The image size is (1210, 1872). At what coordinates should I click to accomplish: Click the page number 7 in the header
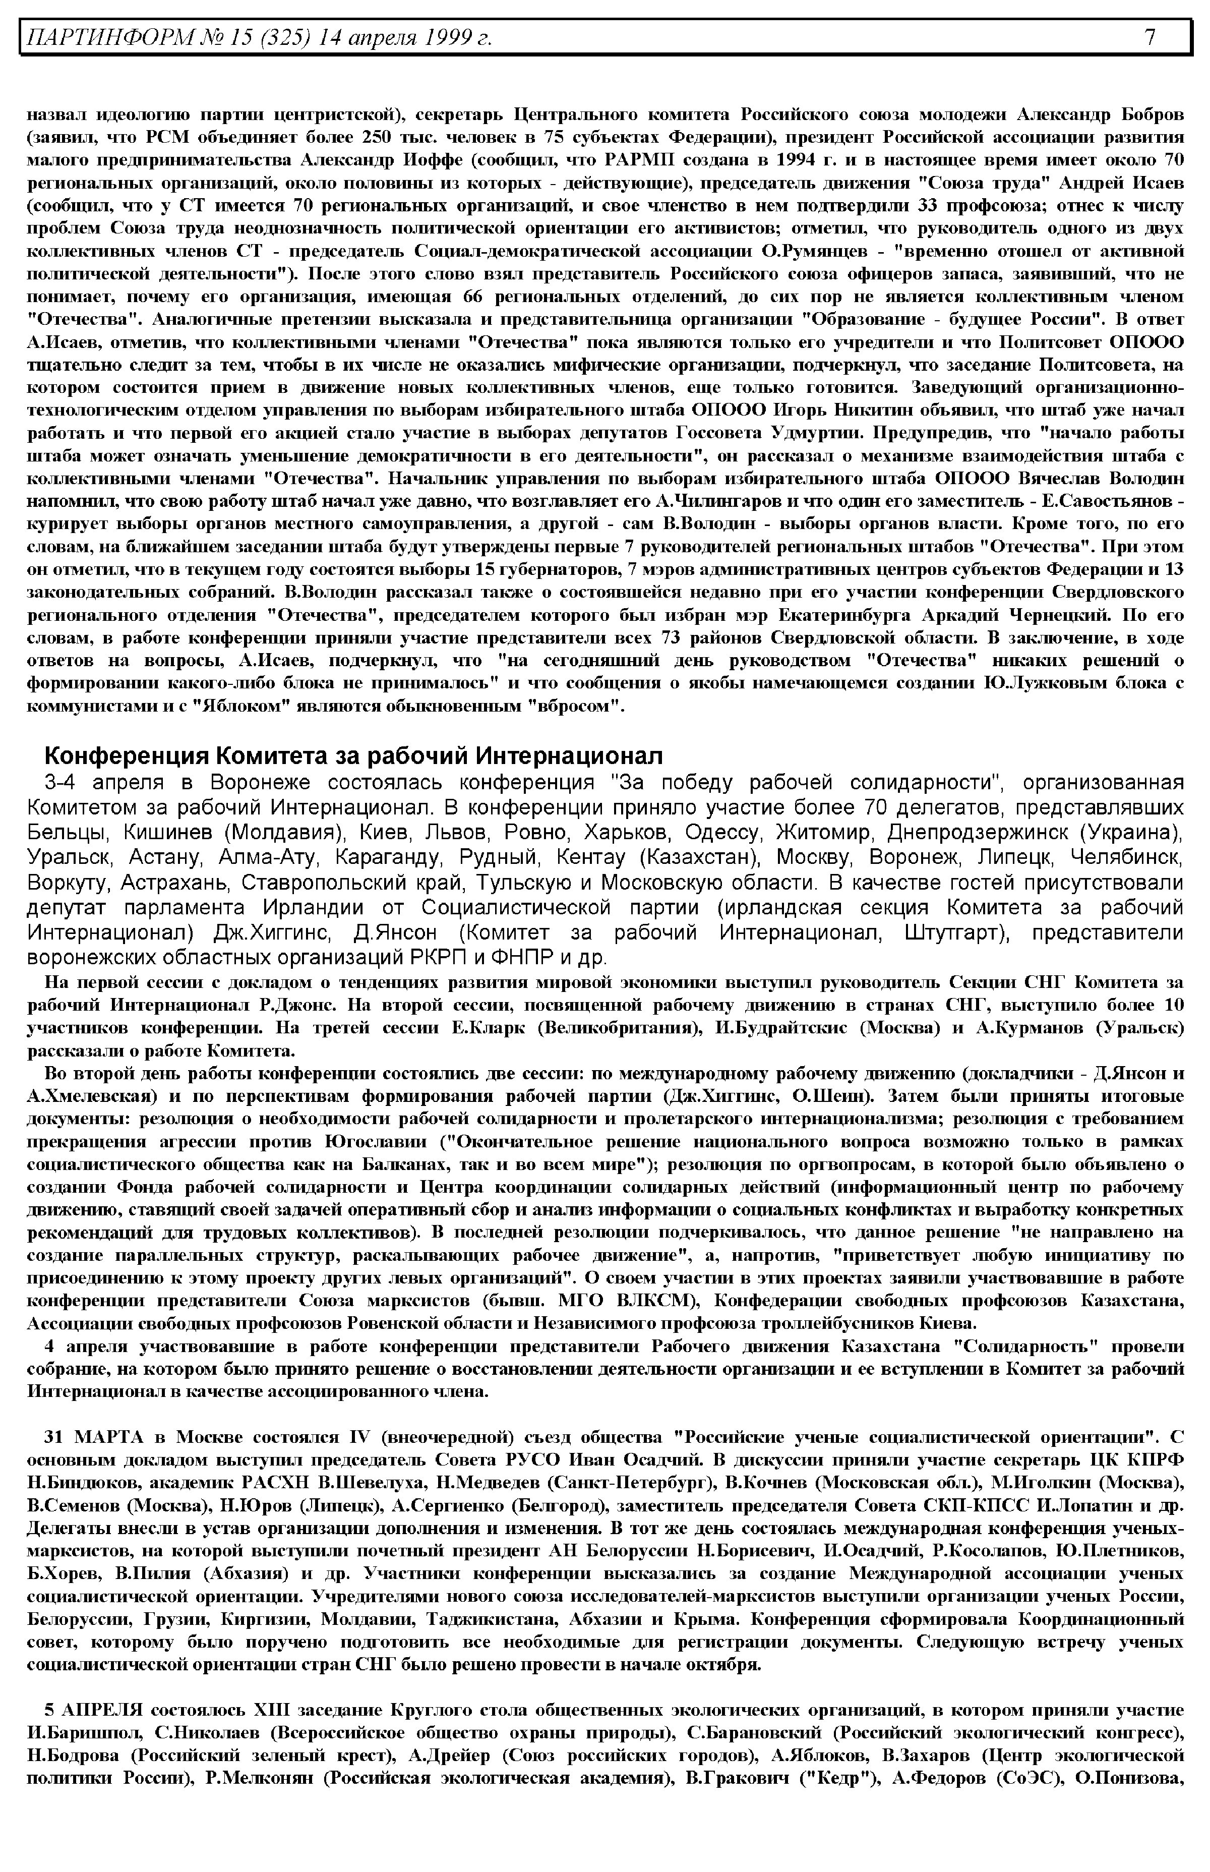tap(1149, 37)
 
